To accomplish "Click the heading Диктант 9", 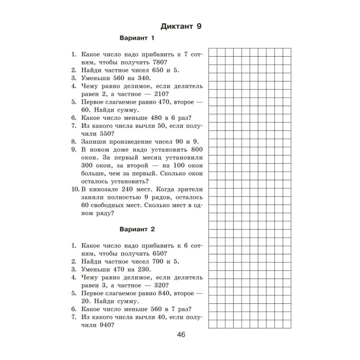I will point(180,26).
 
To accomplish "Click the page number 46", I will point(181,334).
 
